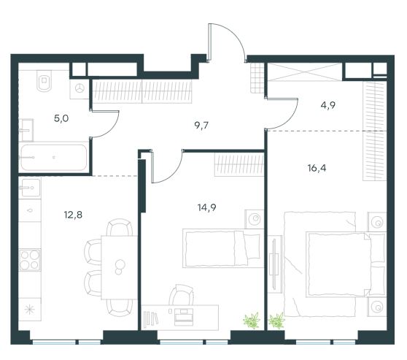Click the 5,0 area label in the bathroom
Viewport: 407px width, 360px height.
61,119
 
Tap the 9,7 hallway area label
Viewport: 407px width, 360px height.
201,126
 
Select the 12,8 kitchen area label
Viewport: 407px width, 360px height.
73,215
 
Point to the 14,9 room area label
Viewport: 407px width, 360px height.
207,207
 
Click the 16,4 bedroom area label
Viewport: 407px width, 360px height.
317,168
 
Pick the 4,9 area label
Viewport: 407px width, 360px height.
328,105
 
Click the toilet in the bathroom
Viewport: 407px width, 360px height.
44,80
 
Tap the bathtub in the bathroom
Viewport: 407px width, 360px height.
53,158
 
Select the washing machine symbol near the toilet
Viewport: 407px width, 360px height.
80,88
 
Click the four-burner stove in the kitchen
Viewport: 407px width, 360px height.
30,260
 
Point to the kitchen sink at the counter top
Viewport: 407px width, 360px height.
29,188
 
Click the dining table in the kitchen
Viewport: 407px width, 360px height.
119,267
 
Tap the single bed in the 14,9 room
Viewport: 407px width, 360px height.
223,248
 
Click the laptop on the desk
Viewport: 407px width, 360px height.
184,317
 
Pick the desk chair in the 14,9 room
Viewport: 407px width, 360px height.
181,295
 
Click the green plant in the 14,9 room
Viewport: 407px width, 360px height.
252,321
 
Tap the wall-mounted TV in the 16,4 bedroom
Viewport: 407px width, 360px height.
275,264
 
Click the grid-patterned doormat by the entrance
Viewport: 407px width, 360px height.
257,77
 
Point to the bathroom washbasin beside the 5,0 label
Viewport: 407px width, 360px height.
26,130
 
